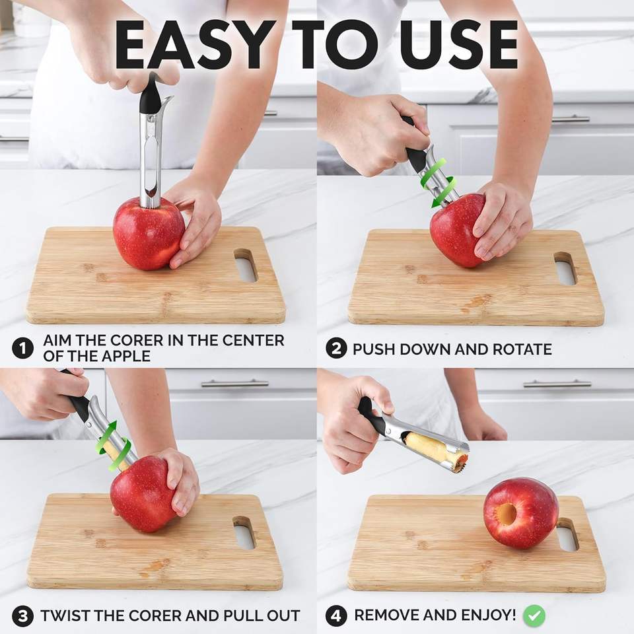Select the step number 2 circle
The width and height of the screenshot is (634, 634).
(336, 348)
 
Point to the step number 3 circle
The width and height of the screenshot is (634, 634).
(22, 616)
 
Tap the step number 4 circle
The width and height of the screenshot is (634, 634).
(336, 616)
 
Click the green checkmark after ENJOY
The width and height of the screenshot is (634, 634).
(534, 616)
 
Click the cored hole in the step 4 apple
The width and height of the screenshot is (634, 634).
(507, 514)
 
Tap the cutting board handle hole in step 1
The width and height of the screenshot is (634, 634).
(245, 264)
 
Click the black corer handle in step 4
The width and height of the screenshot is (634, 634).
(370, 416)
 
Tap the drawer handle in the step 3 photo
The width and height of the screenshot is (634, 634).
(234, 383)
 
